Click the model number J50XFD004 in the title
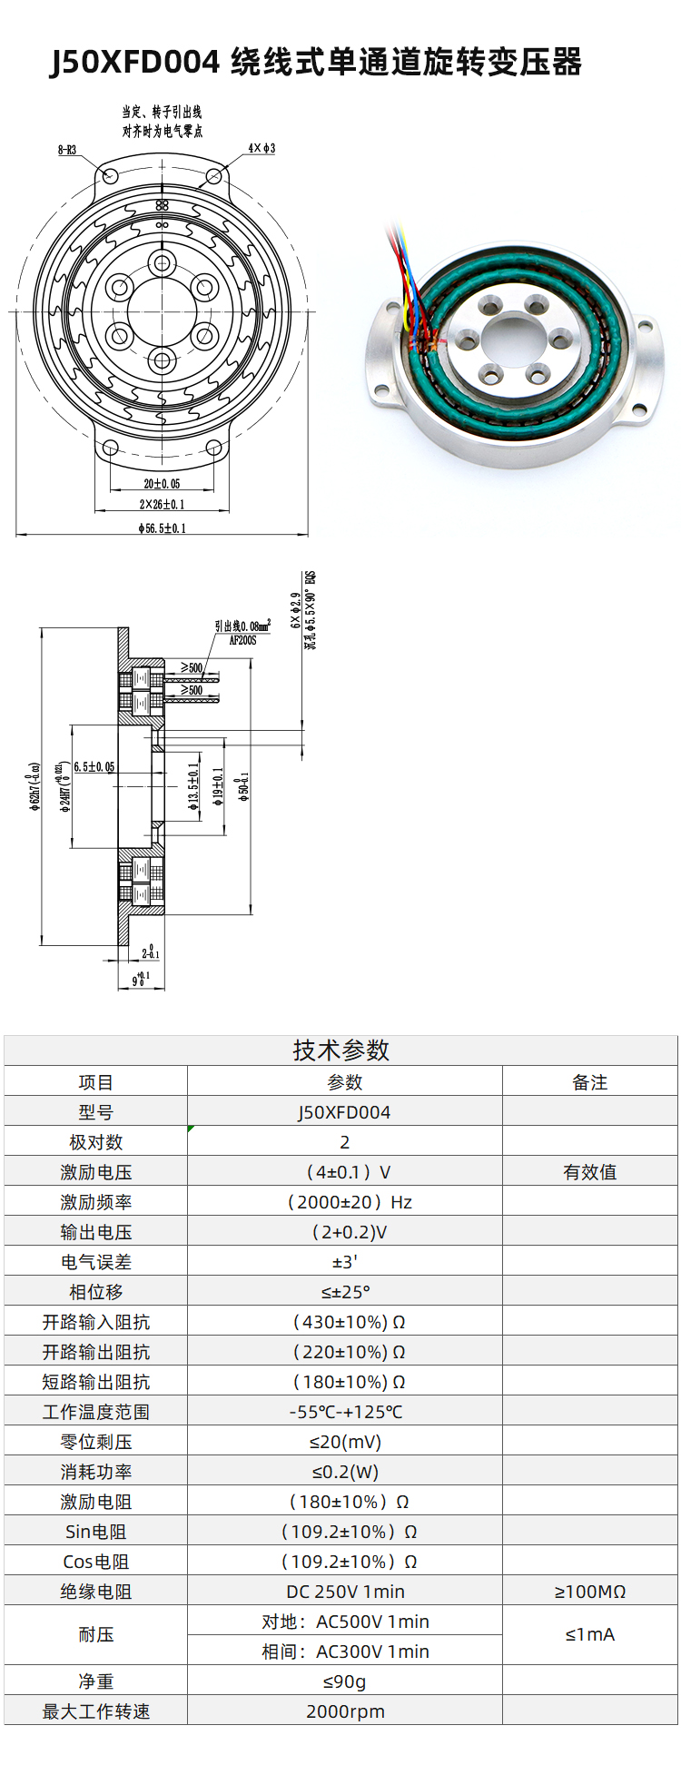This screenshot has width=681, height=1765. coord(134,63)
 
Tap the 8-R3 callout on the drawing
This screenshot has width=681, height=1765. coord(67,150)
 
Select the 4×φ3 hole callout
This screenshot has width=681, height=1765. coord(262,148)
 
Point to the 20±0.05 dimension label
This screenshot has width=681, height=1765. coord(162,484)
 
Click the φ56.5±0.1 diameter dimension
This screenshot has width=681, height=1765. coord(162,528)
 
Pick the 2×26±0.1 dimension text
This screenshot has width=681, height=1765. coord(162,505)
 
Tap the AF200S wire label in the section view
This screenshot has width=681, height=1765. coord(242,640)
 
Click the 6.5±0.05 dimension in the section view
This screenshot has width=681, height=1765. coord(94,766)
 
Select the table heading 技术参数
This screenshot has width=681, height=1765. coord(340,1050)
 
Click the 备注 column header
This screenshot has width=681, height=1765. coord(589,1082)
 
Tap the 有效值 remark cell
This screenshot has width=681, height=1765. coord(589,1172)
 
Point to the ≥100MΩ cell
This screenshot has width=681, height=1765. coord(589,1592)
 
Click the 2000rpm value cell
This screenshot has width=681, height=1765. coord(345,1711)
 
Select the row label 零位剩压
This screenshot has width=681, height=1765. coord(95,1442)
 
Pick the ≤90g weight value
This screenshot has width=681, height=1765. coord(345,1681)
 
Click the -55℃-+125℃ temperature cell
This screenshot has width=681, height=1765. coord(345,1412)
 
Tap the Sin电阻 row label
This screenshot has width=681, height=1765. coord(95,1532)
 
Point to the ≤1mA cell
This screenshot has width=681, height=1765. coord(589,1634)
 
